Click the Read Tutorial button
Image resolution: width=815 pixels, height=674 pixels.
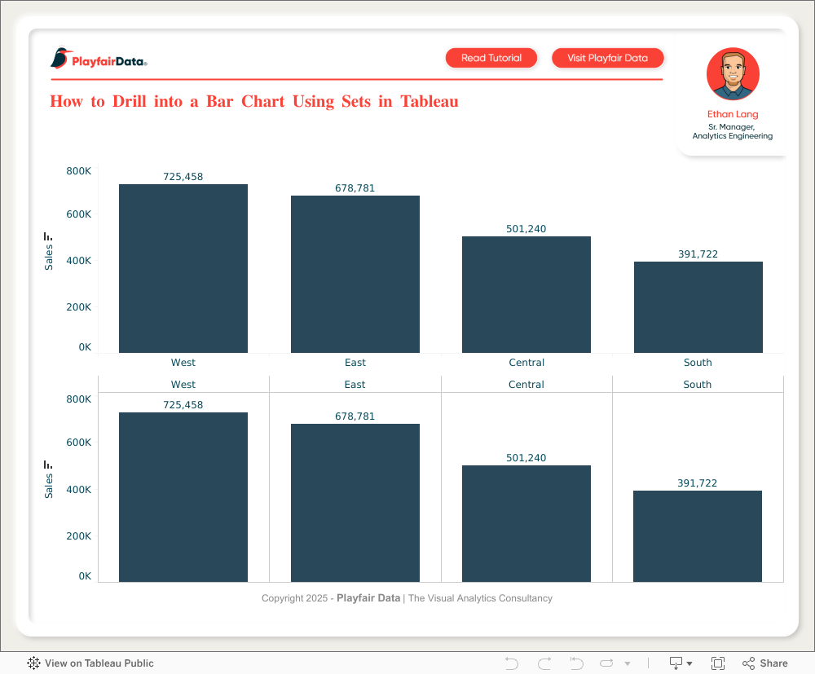pyautogui.click(x=491, y=58)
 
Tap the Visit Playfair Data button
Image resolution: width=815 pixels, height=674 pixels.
pyautogui.click(x=607, y=58)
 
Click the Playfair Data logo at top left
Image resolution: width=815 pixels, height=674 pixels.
pyautogui.click(x=99, y=59)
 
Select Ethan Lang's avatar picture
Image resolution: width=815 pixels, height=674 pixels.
pyautogui.click(x=733, y=74)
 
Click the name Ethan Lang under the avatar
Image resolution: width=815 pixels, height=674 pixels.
pyautogui.click(x=733, y=115)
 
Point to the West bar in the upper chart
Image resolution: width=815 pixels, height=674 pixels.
pyautogui.click(x=183, y=269)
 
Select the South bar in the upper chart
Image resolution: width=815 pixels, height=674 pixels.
pyautogui.click(x=698, y=307)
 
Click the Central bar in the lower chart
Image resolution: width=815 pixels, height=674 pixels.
pyautogui.click(x=526, y=523)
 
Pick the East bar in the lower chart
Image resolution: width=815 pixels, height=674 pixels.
pyautogui.click(x=355, y=503)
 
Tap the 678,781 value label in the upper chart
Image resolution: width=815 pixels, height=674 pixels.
pyautogui.click(x=355, y=188)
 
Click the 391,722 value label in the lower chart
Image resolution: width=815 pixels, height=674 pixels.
pyautogui.click(x=698, y=483)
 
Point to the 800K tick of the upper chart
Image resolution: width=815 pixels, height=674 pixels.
pyautogui.click(x=79, y=171)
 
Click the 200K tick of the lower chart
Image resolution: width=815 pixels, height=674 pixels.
pyautogui.click(x=79, y=536)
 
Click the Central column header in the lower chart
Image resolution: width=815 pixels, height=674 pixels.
pyautogui.click(x=526, y=385)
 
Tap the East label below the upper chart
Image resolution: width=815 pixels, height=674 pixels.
pyautogui.click(x=355, y=363)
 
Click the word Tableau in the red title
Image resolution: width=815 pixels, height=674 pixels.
pyautogui.click(x=430, y=102)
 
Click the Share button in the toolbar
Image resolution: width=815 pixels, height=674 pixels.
pyautogui.click(x=764, y=663)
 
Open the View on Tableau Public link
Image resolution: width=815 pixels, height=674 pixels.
pyautogui.click(x=90, y=663)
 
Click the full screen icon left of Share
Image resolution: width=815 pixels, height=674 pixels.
pyautogui.click(x=718, y=663)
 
